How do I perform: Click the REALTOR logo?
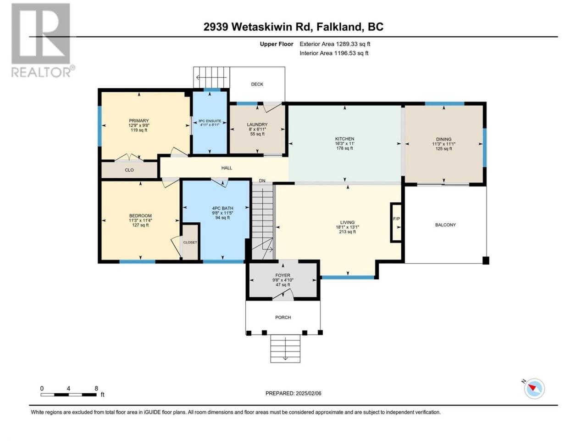[x=42, y=40]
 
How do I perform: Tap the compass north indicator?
[x=534, y=388]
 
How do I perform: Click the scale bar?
[x=68, y=395]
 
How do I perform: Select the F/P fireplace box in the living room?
[x=396, y=222]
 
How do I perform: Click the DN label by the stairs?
[x=262, y=181]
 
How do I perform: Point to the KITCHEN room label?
[x=345, y=139]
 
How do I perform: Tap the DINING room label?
[x=443, y=139]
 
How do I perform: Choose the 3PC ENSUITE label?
[x=210, y=121]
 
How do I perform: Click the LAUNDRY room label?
[x=257, y=124]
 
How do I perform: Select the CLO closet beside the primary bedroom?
[x=129, y=170]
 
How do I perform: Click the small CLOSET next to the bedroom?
[x=190, y=242]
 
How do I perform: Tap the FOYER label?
[x=282, y=275]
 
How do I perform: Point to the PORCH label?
[x=283, y=317]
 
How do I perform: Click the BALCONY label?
[x=446, y=225]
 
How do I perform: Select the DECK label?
[x=257, y=84]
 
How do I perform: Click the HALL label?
[x=227, y=168]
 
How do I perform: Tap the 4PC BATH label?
[x=222, y=208]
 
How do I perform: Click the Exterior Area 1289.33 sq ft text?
[x=335, y=44]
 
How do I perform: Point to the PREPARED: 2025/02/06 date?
[x=293, y=393]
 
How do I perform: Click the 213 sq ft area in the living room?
[x=348, y=232]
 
